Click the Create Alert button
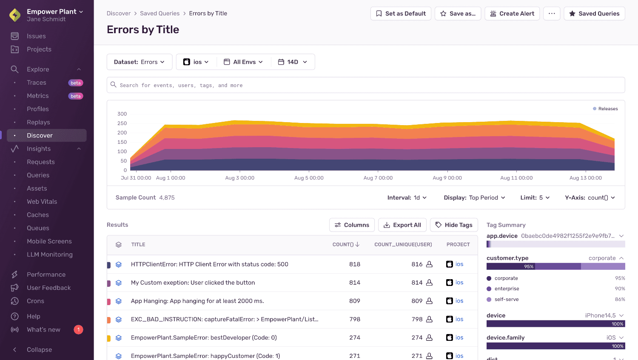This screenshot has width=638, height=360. pyautogui.click(x=512, y=14)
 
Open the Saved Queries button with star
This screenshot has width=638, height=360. pyautogui.click(x=594, y=14)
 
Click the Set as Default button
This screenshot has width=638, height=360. pyautogui.click(x=401, y=14)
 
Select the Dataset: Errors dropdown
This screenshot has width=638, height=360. pyautogui.click(x=139, y=62)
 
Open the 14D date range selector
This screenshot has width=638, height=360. pyautogui.click(x=293, y=62)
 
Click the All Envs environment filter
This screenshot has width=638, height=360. pyautogui.click(x=244, y=62)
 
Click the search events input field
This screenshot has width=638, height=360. pyautogui.click(x=366, y=85)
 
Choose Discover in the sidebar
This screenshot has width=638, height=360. pyautogui.click(x=40, y=135)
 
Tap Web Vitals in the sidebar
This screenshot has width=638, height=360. pyautogui.click(x=42, y=202)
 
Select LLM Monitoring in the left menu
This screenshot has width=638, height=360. pyautogui.click(x=49, y=254)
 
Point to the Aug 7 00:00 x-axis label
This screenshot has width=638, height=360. pyautogui.click(x=378, y=178)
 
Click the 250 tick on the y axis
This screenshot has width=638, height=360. pyautogui.click(x=122, y=123)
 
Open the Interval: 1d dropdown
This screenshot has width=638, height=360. pyautogui.click(x=407, y=198)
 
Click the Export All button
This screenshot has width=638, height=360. pyautogui.click(x=402, y=225)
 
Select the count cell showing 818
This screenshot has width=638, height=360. pyautogui.click(x=354, y=264)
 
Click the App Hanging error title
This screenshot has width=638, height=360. pyautogui.click(x=197, y=301)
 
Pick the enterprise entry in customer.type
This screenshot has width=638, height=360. pyautogui.click(x=507, y=289)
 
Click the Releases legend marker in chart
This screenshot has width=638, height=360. pyautogui.click(x=595, y=109)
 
